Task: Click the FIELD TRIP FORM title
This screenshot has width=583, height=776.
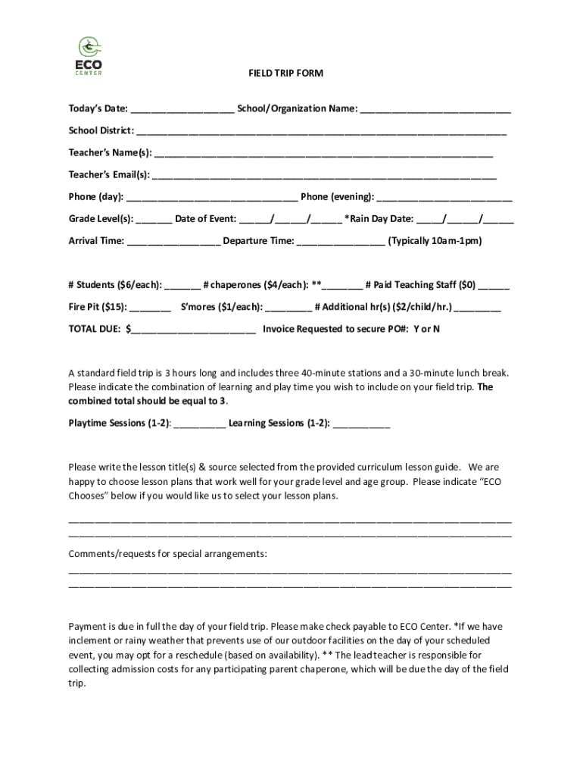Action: coord(285,74)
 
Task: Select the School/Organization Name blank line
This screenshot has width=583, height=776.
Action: coord(435,110)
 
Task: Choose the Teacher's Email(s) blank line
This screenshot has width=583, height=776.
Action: coord(324,176)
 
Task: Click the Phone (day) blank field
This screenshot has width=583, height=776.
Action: coord(212,198)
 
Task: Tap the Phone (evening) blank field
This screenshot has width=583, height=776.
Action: coord(444,198)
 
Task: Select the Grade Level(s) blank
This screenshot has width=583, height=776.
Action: coord(154,220)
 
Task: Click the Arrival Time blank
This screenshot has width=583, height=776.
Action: coord(174,242)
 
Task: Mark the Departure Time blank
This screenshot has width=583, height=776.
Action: coord(341,242)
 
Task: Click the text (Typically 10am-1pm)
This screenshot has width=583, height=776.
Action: coord(435,241)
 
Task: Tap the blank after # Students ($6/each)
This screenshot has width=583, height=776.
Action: coord(182,286)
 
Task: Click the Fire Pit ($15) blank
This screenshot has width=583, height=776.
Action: coord(151,308)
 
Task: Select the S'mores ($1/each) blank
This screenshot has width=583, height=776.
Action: coord(288,308)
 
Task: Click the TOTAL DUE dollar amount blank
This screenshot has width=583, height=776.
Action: coord(193,330)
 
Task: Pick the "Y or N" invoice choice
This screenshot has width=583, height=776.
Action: coord(426,329)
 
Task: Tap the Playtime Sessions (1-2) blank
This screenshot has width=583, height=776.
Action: coord(199,424)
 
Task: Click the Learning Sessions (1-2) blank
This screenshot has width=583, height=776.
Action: coord(361,424)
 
